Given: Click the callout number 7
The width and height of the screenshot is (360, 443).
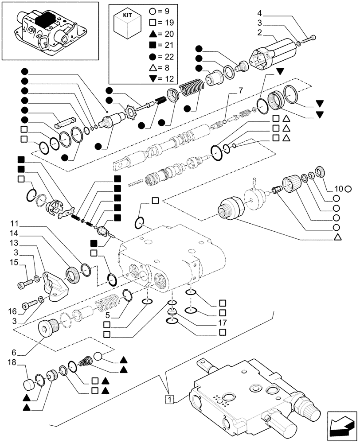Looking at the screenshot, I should [x=240, y=91].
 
